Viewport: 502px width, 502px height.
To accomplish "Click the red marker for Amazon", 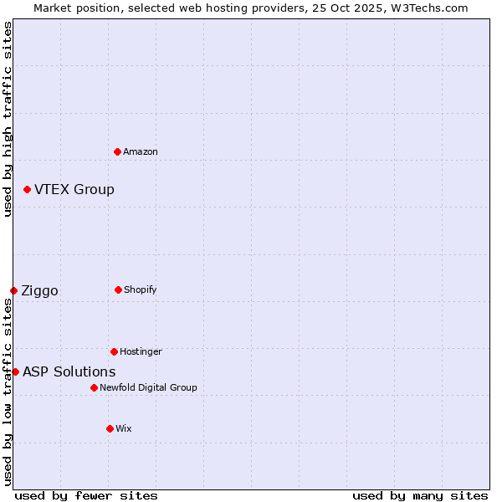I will [x=118, y=151].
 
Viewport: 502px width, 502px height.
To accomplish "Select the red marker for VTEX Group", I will [x=28, y=190].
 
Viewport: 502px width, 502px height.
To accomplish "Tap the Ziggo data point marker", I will [x=14, y=290].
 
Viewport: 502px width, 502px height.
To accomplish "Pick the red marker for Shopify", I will [x=119, y=289].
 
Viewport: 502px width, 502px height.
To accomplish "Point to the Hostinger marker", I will [x=115, y=351].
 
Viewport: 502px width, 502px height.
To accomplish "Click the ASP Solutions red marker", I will [x=16, y=371].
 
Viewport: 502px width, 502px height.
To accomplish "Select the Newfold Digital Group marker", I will [x=95, y=387].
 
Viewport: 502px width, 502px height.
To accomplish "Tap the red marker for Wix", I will [x=110, y=428].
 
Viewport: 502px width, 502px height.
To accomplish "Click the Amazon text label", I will [x=141, y=151].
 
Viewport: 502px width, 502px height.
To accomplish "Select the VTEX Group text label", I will [x=74, y=190].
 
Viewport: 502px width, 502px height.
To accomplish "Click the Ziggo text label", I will [x=40, y=291].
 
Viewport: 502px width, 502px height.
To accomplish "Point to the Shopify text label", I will [x=141, y=289].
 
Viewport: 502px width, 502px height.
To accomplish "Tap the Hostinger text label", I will [x=141, y=351].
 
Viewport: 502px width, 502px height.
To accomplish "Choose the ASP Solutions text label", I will [x=69, y=371].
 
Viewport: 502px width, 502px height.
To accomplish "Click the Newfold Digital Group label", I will [x=148, y=387].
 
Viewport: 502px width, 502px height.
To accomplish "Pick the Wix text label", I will [x=124, y=428].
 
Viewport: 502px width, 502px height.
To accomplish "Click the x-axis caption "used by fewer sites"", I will [x=86, y=495].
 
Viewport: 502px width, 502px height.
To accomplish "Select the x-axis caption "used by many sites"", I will [x=420, y=495].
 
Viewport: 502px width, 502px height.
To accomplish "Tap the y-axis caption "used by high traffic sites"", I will [x=8, y=119].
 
